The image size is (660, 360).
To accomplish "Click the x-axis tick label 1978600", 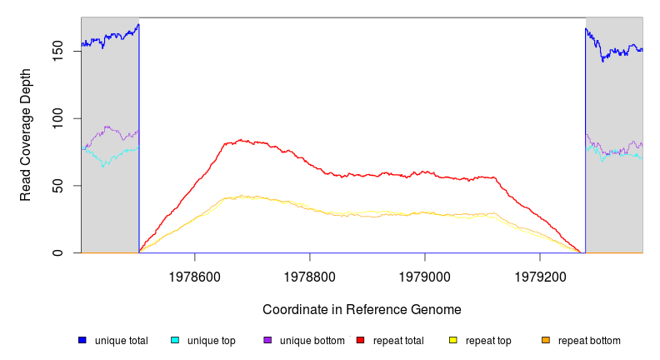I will tap(195, 273).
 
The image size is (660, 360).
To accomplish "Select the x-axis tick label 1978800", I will tap(310, 273).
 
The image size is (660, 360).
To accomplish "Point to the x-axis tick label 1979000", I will tap(425, 273).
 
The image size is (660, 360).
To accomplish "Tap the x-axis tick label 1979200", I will tap(540, 273).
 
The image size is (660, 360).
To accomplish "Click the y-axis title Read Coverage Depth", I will tap(26, 135).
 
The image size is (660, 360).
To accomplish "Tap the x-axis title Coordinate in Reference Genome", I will tap(362, 309).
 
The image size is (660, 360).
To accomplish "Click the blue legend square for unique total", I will tap(82, 340).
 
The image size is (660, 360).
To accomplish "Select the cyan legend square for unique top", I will tap(175, 340).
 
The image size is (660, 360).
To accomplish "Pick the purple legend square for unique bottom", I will tap(267, 340).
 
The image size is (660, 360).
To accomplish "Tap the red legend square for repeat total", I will tap(361, 340).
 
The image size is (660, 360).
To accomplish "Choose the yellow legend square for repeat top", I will tap(453, 340).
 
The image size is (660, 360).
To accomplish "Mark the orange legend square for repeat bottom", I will tap(546, 340).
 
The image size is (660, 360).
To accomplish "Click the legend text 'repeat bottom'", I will tap(589, 341).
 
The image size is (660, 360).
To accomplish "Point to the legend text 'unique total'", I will tap(122, 341).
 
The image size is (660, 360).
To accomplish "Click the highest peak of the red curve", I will tap(240, 140).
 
